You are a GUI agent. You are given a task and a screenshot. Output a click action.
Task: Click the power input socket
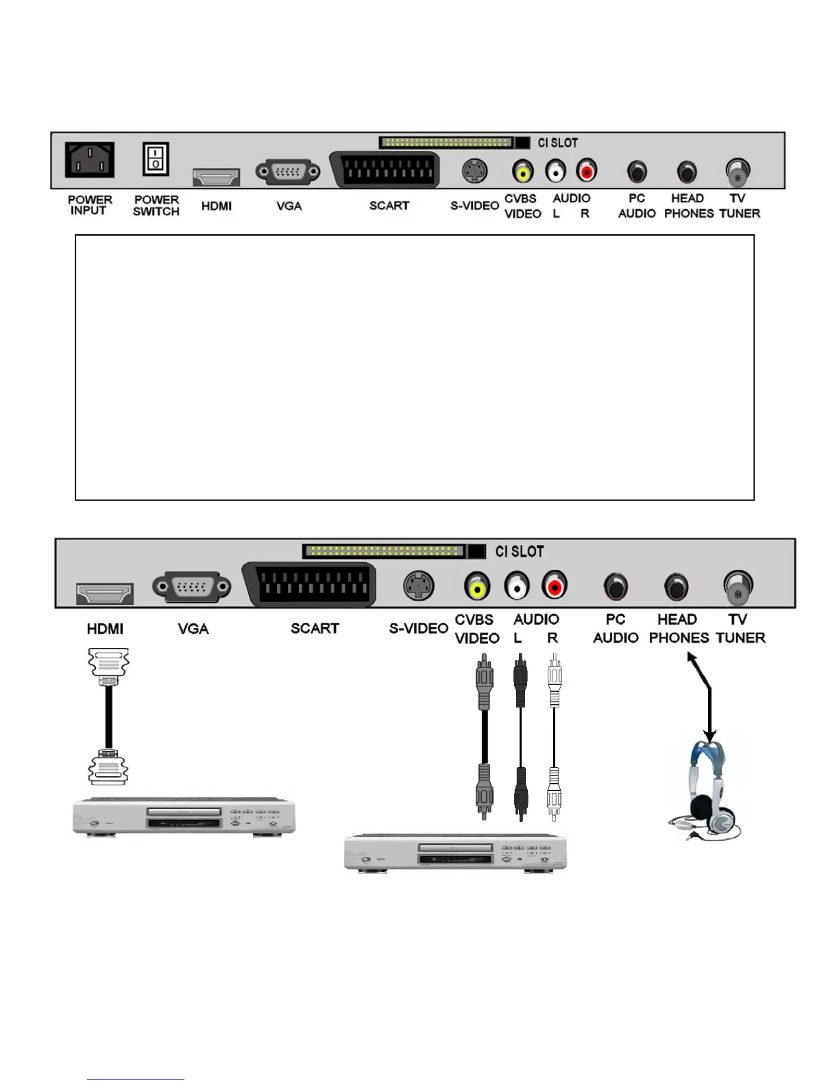tap(90, 160)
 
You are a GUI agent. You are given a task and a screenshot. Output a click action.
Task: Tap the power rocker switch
tap(156, 160)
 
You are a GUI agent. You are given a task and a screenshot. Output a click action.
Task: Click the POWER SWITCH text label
tap(156, 205)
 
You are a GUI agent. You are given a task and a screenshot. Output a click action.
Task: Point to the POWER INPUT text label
tap(90, 205)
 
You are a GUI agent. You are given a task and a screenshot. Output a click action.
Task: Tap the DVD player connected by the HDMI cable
tap(184, 816)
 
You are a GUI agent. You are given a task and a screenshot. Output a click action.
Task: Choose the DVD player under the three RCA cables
tap(455, 853)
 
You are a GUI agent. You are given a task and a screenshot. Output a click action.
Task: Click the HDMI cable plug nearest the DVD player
tap(108, 767)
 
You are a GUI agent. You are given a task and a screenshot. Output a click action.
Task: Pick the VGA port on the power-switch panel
tap(288, 172)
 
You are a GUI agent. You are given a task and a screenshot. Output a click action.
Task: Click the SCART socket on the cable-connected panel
tap(311, 584)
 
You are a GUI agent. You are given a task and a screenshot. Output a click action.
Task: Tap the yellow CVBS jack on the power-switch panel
tap(523, 171)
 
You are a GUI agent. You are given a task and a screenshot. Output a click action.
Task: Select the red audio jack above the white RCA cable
tap(554, 586)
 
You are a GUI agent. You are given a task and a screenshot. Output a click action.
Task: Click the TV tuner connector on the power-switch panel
tap(737, 172)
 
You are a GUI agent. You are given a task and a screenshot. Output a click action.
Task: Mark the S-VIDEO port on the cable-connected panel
tap(418, 586)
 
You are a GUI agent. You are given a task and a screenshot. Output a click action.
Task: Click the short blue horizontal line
tap(135, 1080)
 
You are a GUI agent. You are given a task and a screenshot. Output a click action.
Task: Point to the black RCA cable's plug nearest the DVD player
tap(520, 794)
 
